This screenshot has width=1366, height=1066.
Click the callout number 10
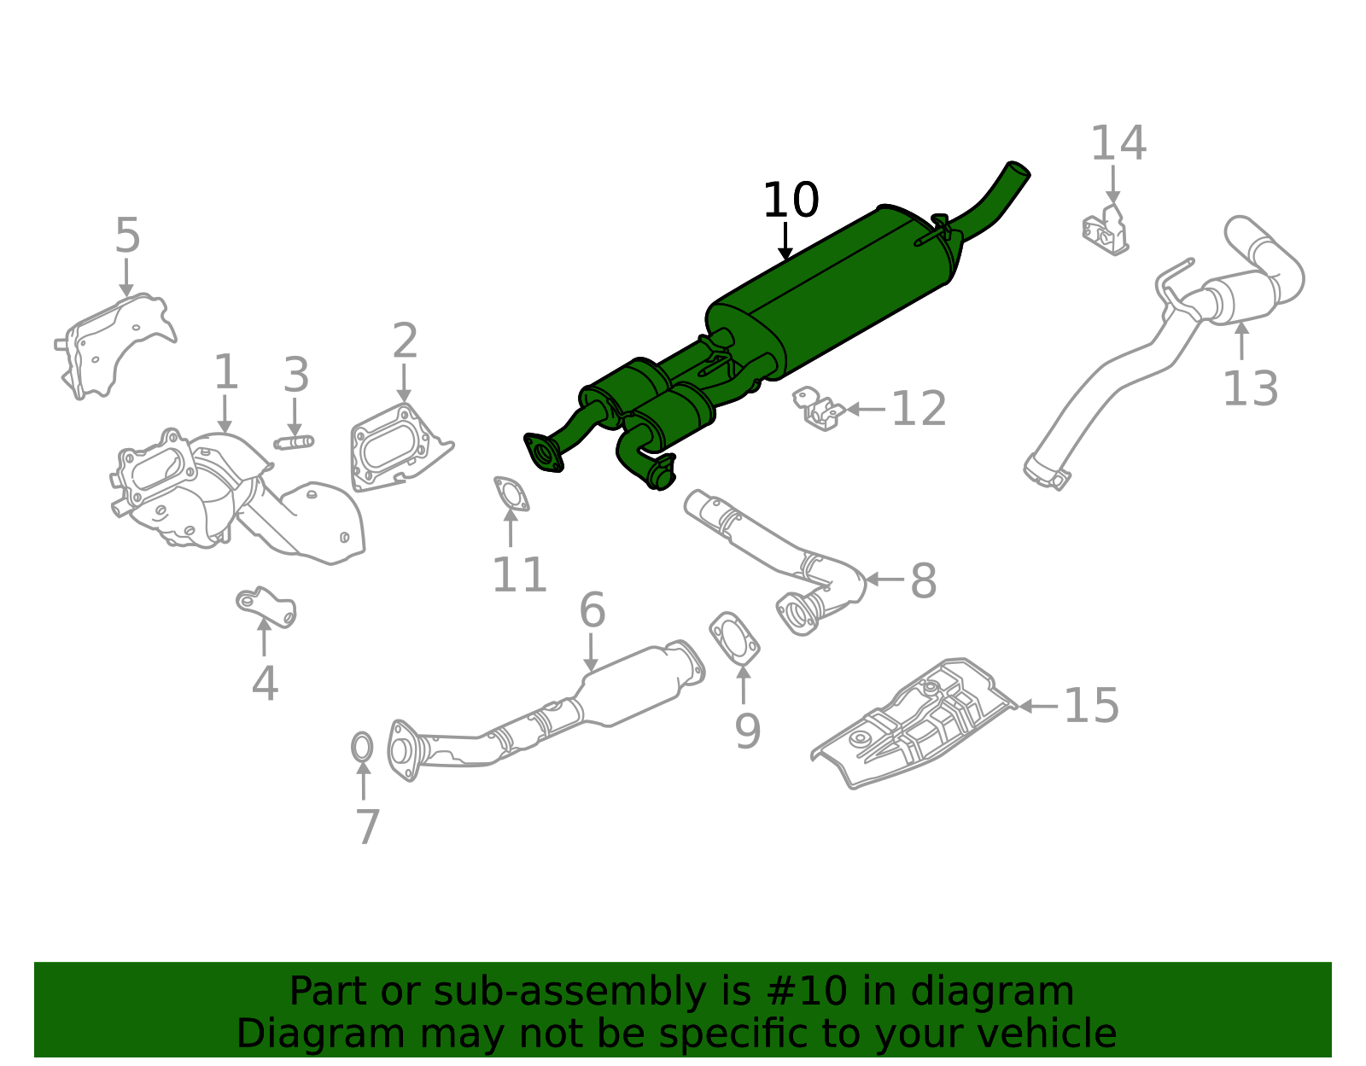click(790, 201)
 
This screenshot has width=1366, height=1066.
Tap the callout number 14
click(1118, 143)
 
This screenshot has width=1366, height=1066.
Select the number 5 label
click(127, 236)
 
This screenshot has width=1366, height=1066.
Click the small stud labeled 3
click(294, 442)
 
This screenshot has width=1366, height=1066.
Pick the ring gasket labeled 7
click(362, 748)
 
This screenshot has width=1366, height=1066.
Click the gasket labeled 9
click(734, 638)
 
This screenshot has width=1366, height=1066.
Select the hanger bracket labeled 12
click(819, 409)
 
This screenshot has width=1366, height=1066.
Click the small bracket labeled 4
click(267, 605)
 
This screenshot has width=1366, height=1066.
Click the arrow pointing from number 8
click(884, 580)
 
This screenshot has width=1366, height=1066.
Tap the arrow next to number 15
click(1038, 706)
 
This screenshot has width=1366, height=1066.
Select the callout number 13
click(1250, 389)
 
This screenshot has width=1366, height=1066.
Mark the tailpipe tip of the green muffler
click(1017, 171)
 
